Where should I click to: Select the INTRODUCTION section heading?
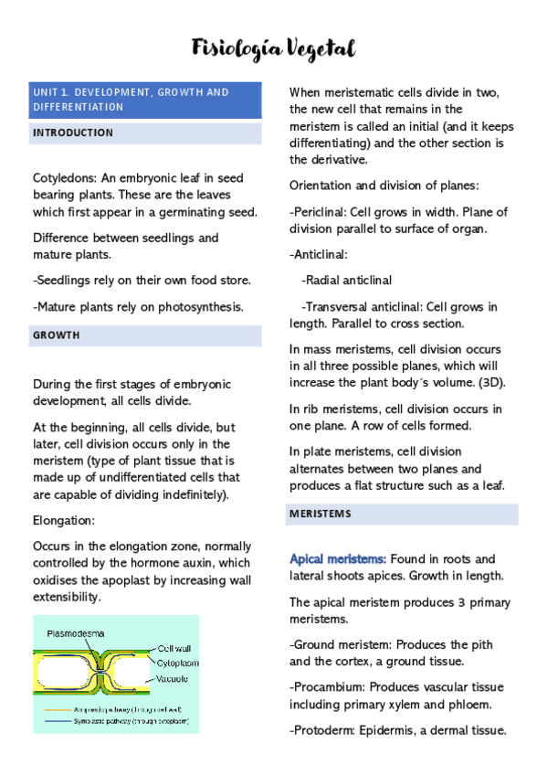pos(73,133)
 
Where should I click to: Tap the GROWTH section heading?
pos(57,335)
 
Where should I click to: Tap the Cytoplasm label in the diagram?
pos(179,663)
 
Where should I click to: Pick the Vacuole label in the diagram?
pos(174,678)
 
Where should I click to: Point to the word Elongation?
pos(65,520)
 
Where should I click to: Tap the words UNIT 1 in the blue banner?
pos(50,92)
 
